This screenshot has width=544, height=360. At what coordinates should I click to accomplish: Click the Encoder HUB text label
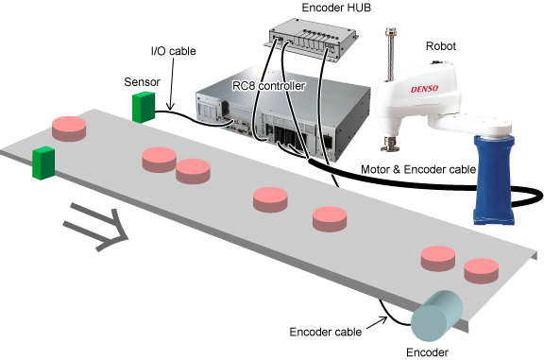tap(336, 8)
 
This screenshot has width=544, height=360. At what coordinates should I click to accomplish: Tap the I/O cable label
tap(174, 51)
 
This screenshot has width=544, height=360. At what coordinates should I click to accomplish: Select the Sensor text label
tap(143, 82)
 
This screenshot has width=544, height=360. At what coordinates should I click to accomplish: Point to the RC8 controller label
tap(269, 86)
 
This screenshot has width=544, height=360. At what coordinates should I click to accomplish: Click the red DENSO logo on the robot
tap(424, 89)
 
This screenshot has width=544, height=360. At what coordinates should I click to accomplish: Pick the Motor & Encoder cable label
tap(418, 169)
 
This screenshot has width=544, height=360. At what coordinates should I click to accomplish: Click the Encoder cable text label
tap(326, 332)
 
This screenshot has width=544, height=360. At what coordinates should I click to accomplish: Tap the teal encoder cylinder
tap(436, 316)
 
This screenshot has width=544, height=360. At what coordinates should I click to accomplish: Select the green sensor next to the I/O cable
tap(144, 107)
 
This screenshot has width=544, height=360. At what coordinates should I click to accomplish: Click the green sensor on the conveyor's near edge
tap(43, 163)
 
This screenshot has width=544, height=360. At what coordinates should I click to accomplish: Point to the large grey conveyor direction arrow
tap(95, 227)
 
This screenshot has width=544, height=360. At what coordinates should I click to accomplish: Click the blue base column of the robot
tap(494, 180)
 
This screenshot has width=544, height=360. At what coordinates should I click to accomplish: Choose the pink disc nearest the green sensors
tap(69, 129)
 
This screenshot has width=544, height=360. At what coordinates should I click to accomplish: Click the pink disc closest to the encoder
tap(482, 271)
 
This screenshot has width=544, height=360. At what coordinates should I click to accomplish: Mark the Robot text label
tap(441, 46)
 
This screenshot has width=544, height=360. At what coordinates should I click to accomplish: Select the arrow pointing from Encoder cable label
tap(377, 322)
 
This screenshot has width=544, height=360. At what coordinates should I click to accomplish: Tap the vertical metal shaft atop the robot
tap(391, 55)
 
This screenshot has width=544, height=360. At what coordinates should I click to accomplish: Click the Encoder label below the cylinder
tap(427, 352)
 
